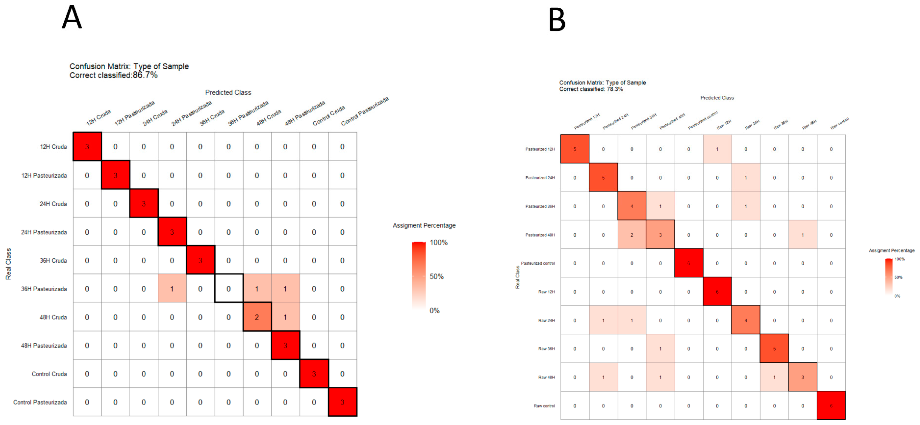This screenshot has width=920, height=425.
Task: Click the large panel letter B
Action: (x=557, y=20)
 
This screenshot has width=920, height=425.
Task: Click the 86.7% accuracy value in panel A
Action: (x=145, y=75)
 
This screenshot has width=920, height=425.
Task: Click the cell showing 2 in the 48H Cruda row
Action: (x=257, y=317)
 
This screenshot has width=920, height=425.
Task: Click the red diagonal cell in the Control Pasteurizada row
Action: (x=342, y=402)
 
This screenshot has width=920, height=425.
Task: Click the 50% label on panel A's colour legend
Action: (x=436, y=276)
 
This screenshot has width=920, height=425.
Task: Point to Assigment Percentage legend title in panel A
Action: (x=424, y=226)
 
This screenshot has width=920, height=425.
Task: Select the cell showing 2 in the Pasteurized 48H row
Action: (x=632, y=235)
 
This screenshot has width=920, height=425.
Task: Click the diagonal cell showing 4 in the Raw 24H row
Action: (x=745, y=320)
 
